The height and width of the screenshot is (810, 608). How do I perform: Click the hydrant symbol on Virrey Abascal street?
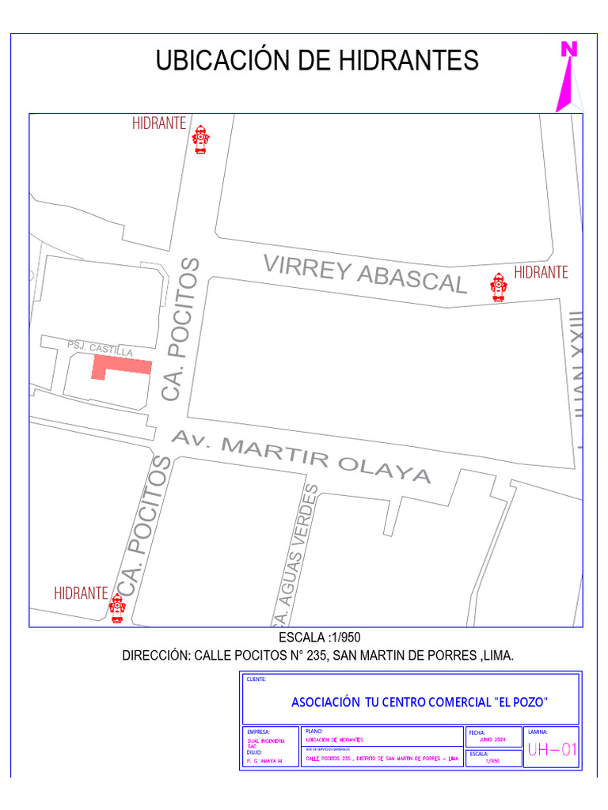498,286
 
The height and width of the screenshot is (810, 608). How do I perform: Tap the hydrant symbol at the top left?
200,138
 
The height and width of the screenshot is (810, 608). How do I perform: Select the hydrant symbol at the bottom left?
117,607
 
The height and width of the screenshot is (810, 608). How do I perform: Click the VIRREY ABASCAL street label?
365,274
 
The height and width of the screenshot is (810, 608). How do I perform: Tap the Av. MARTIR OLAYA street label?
302,456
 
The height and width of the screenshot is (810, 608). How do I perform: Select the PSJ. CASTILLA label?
100,348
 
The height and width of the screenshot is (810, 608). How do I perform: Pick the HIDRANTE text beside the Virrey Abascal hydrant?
541,272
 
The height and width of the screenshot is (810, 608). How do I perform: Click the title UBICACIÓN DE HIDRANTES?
317,61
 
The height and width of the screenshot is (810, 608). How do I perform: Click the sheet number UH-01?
552,750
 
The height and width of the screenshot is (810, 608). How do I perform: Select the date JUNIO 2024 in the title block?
492,739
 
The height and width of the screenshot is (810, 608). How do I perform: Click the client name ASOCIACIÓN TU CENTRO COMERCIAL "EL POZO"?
420,702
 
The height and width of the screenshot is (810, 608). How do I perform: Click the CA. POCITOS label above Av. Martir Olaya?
181,328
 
